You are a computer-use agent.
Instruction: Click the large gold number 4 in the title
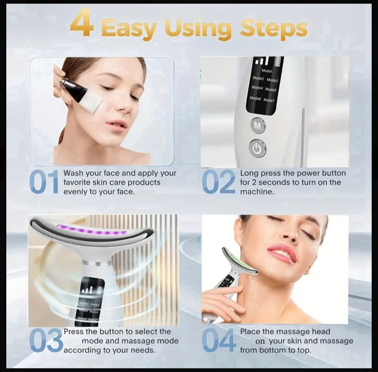pyautogui.click(x=82, y=24)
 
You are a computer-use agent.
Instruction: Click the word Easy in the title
pyautogui.click(x=128, y=29)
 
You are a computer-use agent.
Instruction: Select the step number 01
pyautogui.click(x=44, y=182)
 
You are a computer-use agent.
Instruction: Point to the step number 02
pyautogui.click(x=219, y=182)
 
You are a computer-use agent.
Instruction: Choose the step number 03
pyautogui.click(x=45, y=341)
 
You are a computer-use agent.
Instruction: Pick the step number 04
pyautogui.click(x=219, y=341)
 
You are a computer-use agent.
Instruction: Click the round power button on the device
pyautogui.click(x=257, y=149)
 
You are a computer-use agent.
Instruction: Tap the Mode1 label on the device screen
pyautogui.click(x=267, y=71)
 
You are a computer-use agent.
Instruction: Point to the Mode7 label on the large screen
pyautogui.click(x=269, y=100)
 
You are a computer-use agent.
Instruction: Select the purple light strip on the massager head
pyautogui.click(x=92, y=232)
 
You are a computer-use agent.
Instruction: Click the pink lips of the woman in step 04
pyautogui.click(x=282, y=254)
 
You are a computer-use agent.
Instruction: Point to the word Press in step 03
pyautogui.click(x=74, y=332)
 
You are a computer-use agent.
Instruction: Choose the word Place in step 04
pyautogui.click(x=250, y=332)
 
